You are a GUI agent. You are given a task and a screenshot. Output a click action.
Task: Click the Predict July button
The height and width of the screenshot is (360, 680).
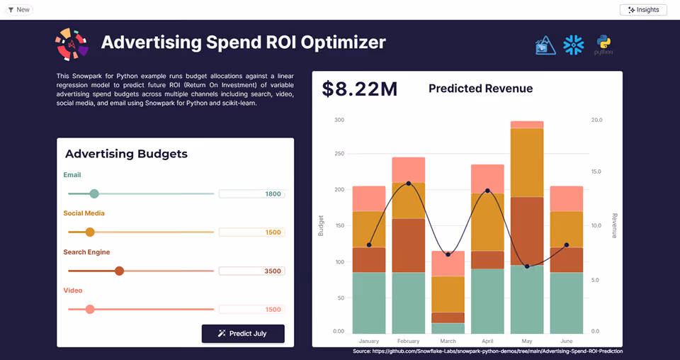click(x=243, y=333)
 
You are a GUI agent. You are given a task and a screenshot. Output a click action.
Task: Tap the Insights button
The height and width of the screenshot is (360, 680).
click(x=643, y=10)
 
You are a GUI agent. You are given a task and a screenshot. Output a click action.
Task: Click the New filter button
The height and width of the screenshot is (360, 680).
click(x=18, y=10)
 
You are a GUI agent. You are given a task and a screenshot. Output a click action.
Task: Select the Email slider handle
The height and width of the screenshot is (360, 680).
click(x=94, y=193)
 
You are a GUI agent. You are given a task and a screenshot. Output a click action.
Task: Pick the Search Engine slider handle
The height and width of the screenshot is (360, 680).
click(x=119, y=271)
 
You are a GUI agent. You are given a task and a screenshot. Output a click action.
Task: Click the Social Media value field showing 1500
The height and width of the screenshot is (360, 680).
click(x=251, y=232)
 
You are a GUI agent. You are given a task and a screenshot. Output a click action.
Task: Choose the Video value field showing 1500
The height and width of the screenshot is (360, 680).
click(x=251, y=310)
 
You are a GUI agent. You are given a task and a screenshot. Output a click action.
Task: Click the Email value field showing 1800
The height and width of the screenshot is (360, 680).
click(x=251, y=193)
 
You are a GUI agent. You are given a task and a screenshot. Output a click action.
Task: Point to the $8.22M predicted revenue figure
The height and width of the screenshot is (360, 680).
click(x=359, y=89)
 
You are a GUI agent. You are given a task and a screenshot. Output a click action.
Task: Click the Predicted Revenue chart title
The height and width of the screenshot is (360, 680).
click(x=480, y=89)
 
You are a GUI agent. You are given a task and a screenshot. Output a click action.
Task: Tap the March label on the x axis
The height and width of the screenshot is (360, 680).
click(x=448, y=341)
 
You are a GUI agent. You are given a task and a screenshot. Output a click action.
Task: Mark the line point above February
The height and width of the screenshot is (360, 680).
click(x=409, y=184)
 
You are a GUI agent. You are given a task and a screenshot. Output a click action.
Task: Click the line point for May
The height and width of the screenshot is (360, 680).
click(x=526, y=266)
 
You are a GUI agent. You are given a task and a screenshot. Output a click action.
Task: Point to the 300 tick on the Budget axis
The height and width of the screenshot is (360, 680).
click(x=339, y=120)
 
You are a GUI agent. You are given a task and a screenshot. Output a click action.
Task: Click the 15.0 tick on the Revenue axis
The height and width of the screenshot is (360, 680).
click(x=596, y=171)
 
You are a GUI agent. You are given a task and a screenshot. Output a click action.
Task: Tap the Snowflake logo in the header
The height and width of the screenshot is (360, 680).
click(x=573, y=45)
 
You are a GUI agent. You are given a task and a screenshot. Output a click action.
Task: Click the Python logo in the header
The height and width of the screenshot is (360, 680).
click(x=603, y=45)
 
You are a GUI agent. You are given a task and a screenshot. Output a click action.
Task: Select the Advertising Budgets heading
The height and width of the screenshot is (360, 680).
click(x=126, y=154)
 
